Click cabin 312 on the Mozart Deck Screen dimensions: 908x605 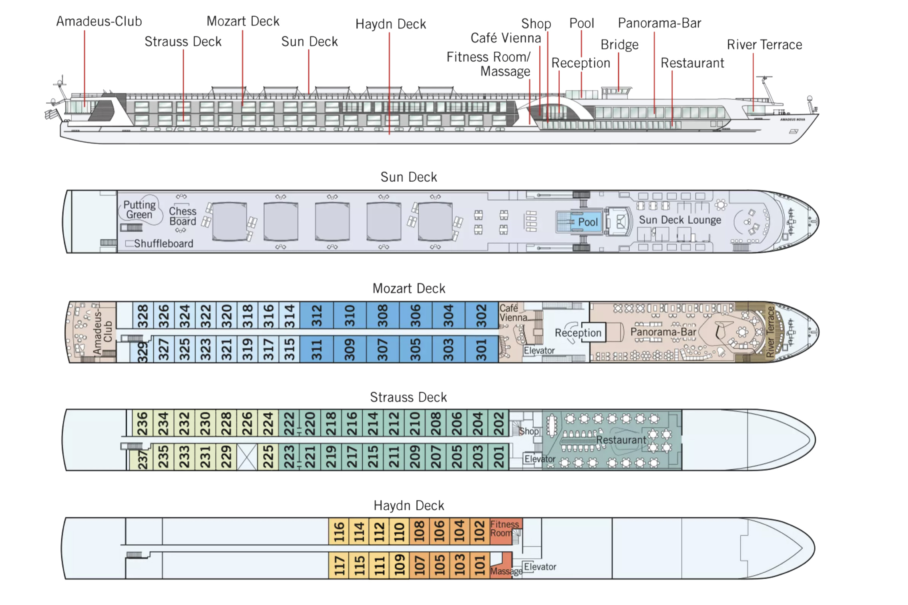(317, 315)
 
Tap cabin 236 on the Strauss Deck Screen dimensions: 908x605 (143, 423)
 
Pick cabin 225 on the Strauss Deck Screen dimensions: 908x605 (268, 457)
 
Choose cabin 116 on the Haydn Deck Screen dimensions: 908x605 (339, 531)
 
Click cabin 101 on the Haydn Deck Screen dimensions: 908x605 (480, 565)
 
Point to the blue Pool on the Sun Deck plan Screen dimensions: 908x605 (579, 222)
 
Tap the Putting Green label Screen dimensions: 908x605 (139, 210)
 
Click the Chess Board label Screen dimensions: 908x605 (183, 216)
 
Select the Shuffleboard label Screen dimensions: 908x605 (163, 243)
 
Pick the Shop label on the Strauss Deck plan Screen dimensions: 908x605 (529, 431)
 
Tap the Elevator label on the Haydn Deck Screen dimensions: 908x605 (540, 567)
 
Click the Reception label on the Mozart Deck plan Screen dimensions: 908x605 (578, 333)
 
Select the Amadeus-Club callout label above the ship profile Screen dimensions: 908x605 (99, 21)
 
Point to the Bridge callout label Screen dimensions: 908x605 (619, 45)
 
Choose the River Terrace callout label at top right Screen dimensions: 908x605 (764, 44)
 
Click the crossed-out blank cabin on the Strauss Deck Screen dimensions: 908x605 (247, 457)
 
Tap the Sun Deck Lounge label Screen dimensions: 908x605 (680, 220)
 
